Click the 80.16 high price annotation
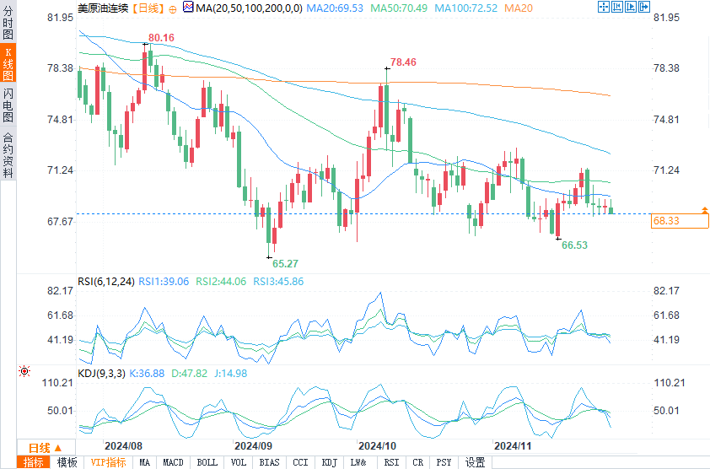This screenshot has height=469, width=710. [x=161, y=38]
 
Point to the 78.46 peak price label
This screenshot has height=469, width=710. [x=403, y=62]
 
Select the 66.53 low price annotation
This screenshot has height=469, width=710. [x=574, y=245]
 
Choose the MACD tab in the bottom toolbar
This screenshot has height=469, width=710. [x=173, y=462]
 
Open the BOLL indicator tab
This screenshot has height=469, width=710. [x=207, y=462]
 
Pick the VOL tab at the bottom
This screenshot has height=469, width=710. [x=239, y=462]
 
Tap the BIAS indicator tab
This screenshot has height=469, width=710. [x=269, y=462]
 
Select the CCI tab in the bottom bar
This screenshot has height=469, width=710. [x=300, y=462]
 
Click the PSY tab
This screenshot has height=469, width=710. [x=444, y=462]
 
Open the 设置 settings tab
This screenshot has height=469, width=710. [x=476, y=462]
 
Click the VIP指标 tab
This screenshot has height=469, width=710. [x=108, y=462]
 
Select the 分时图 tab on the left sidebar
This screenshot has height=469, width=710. [x=8, y=24]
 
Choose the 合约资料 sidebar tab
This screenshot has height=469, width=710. [x=8, y=154]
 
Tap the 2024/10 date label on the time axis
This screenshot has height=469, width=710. [x=377, y=445]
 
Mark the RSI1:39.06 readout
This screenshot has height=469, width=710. [x=164, y=282]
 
